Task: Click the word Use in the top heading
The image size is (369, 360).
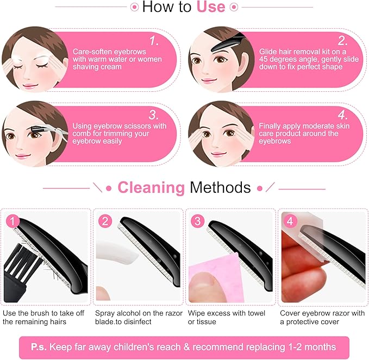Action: click(x=210, y=7)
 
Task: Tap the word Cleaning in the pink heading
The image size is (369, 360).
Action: click(x=152, y=188)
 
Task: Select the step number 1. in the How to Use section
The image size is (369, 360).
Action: click(x=154, y=41)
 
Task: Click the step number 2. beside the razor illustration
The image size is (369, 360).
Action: click(x=342, y=41)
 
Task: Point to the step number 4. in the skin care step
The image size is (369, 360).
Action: click(x=342, y=115)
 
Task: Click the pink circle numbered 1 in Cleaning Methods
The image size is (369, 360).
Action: click(x=13, y=221)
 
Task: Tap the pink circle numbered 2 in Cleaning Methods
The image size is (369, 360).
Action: click(x=105, y=221)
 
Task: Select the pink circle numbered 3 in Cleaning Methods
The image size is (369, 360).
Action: click(x=197, y=221)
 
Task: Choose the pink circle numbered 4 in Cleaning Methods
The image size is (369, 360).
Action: click(x=290, y=221)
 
